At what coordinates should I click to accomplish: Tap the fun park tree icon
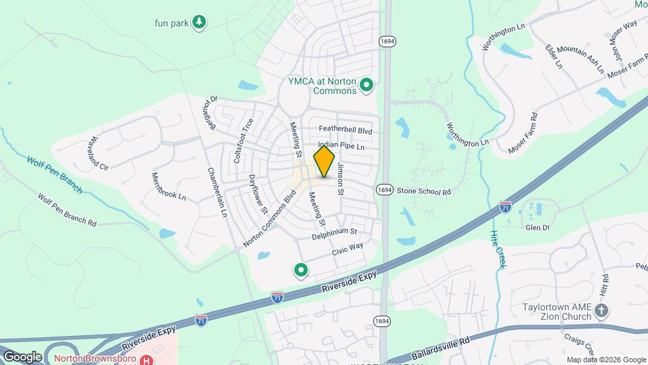[x=198, y=22]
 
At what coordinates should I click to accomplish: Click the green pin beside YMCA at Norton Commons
[x=367, y=85]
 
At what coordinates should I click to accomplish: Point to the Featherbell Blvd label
[x=346, y=130]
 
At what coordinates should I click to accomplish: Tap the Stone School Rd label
[x=423, y=191]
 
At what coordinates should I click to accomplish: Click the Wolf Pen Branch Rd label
[x=67, y=211]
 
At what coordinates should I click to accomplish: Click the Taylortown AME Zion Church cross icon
[x=602, y=310]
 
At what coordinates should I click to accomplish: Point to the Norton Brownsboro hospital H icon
[x=146, y=360]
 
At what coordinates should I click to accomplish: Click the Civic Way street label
[x=348, y=249]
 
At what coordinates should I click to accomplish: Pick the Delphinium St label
[x=333, y=233]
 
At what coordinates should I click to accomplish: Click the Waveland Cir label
[x=94, y=152]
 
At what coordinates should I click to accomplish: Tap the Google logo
[x=22, y=356]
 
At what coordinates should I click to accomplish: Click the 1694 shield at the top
[x=387, y=41]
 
